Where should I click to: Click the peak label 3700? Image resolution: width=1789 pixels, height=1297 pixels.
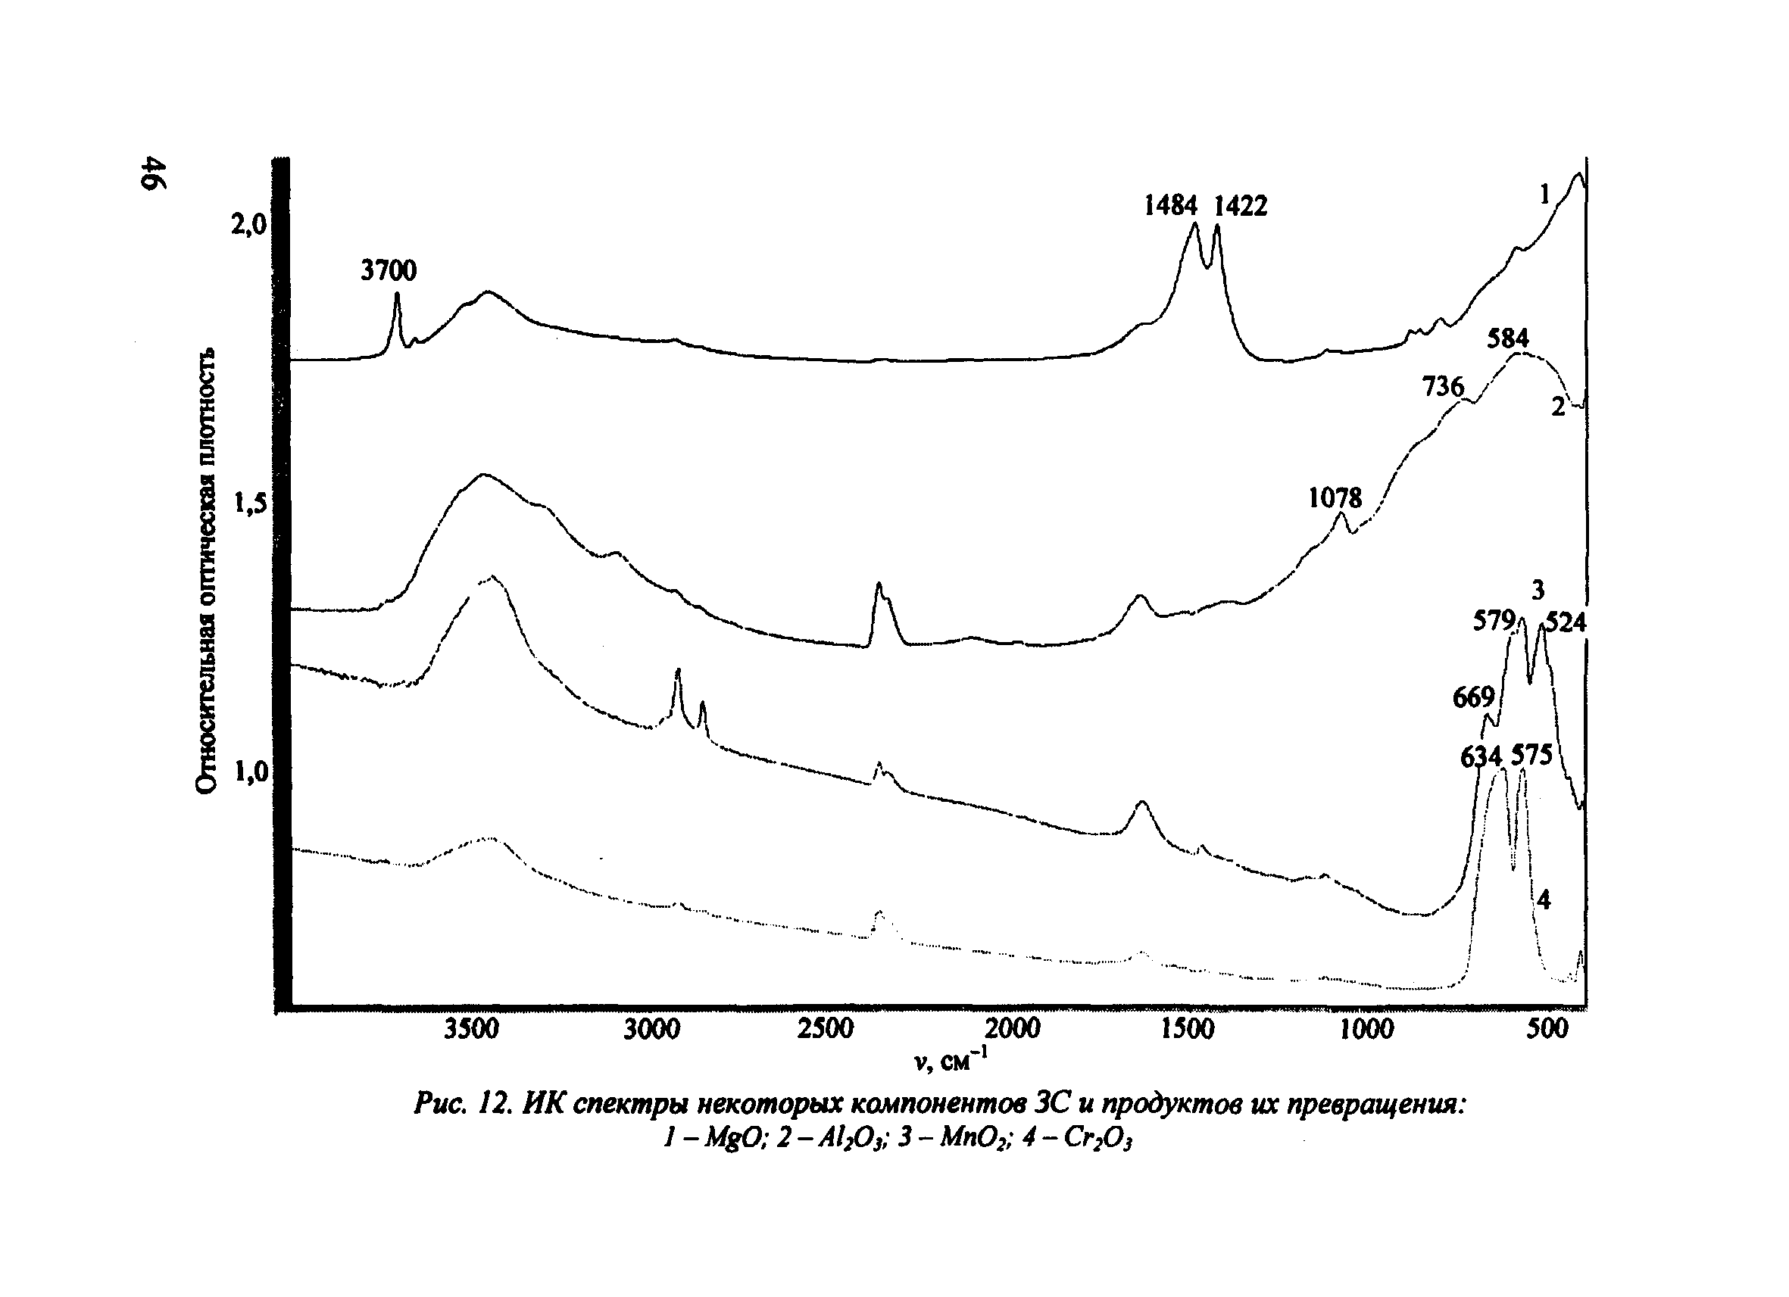click(x=388, y=270)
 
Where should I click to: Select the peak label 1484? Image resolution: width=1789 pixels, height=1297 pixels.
click(x=1171, y=206)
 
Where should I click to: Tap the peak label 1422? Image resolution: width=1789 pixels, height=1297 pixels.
click(x=1240, y=206)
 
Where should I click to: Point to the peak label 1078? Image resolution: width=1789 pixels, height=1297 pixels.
click(x=1335, y=497)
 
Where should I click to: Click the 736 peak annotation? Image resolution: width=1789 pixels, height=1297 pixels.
click(x=1443, y=386)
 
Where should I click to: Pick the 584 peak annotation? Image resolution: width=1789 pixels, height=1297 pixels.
click(x=1507, y=338)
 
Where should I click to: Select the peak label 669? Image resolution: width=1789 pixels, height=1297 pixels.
click(x=1473, y=697)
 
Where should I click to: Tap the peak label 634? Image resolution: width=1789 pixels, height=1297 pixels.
click(x=1481, y=757)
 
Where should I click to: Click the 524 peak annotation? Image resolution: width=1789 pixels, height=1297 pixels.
click(x=1565, y=623)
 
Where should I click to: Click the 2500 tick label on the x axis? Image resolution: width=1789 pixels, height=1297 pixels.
click(x=825, y=1029)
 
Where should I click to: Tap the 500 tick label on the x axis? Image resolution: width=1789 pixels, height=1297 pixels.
click(x=1547, y=1029)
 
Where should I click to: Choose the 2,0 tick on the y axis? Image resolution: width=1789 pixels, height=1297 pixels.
click(x=249, y=226)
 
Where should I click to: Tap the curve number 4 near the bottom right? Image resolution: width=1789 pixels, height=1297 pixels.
click(x=1544, y=899)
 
